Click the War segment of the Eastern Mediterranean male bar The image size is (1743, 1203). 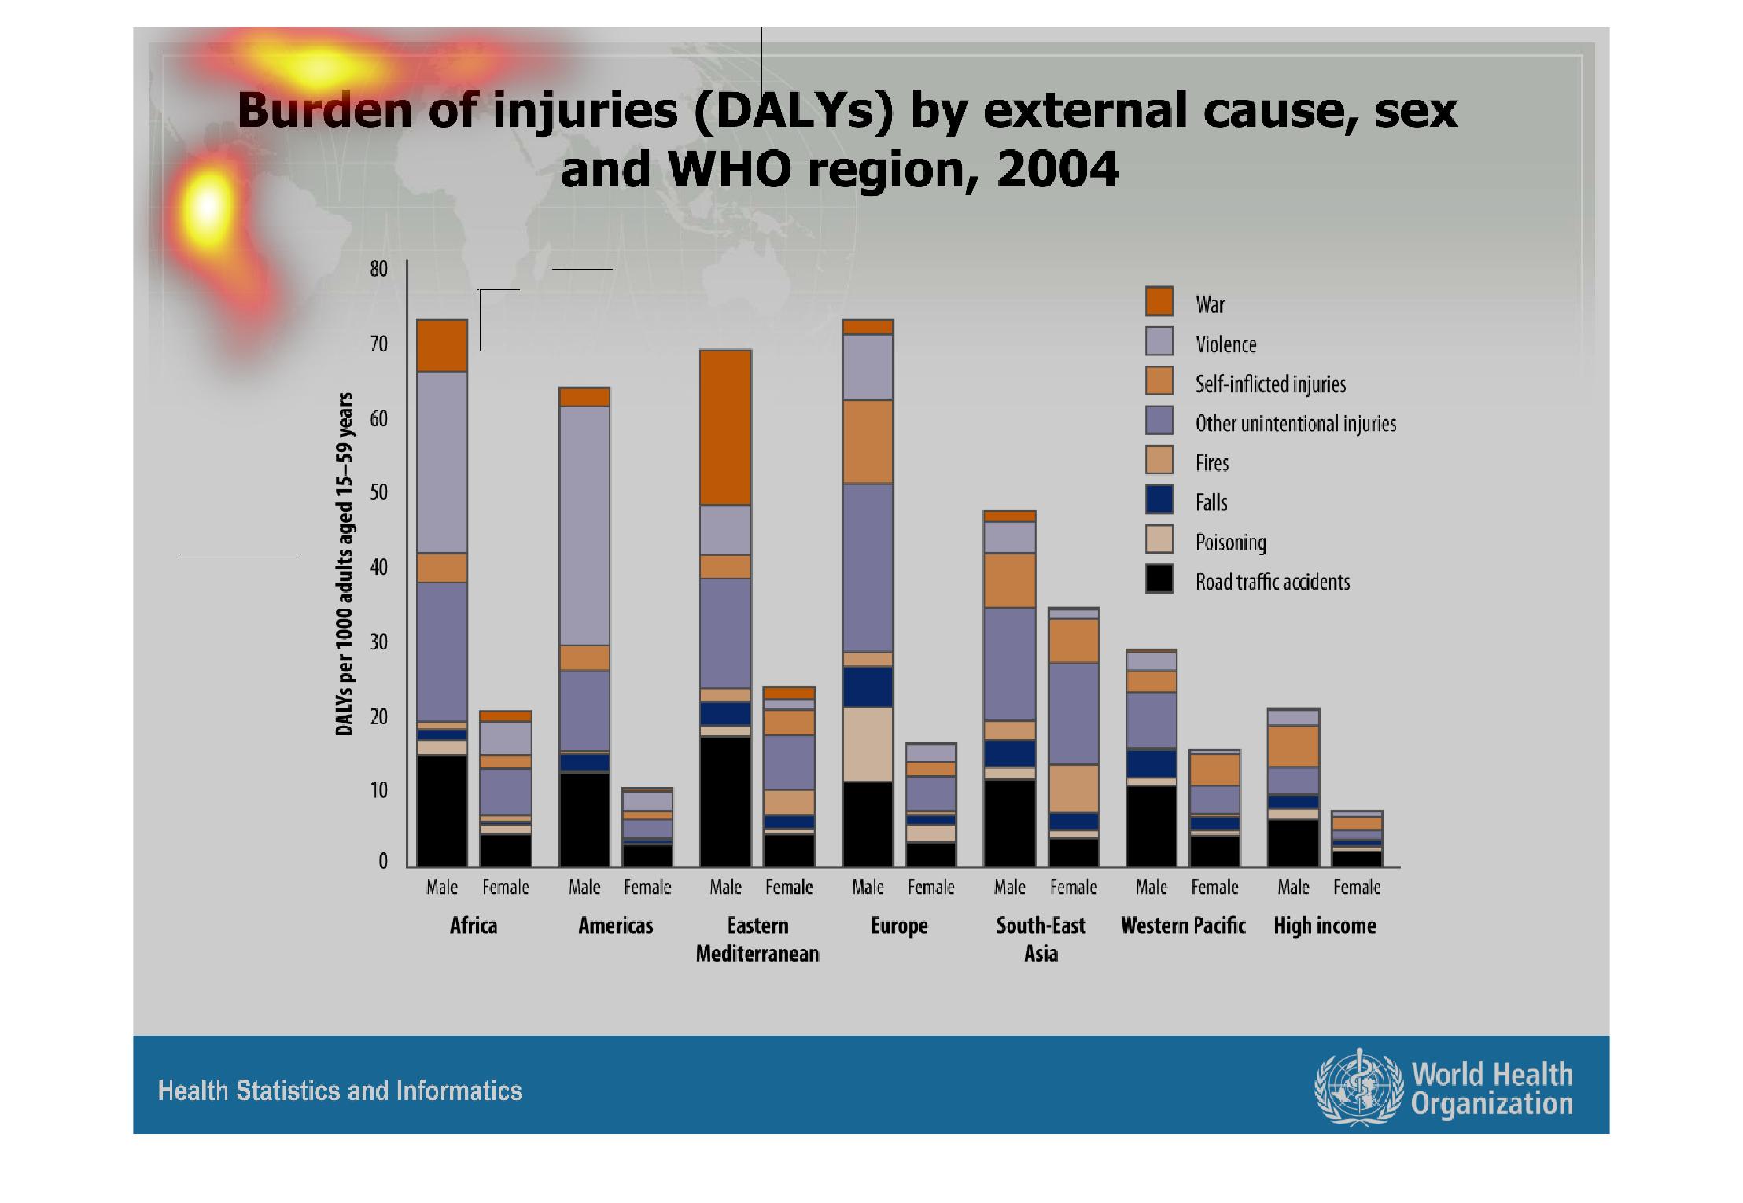click(x=725, y=428)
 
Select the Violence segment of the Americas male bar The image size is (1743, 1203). click(x=584, y=524)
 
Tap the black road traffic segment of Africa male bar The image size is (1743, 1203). click(x=442, y=810)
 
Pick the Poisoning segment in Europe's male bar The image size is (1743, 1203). click(x=868, y=744)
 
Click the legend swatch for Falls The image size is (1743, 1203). click(x=1159, y=500)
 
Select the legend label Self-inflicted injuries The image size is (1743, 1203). click(x=1270, y=384)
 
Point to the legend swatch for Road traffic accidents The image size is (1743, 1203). click(x=1159, y=579)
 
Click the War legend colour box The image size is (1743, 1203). click(x=1159, y=301)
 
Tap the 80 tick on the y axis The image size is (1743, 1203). click(x=379, y=269)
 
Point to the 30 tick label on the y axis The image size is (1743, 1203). click(x=379, y=642)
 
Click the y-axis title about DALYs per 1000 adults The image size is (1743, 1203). click(x=345, y=564)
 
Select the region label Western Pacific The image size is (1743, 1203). click(x=1183, y=925)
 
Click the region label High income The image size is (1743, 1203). click(x=1325, y=925)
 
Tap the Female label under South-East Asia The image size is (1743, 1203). click(x=1073, y=887)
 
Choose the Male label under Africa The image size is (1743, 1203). click(x=442, y=887)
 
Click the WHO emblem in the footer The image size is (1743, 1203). click(x=1358, y=1088)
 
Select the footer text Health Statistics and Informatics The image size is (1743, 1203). click(x=340, y=1091)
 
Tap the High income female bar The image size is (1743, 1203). click(x=1357, y=839)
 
